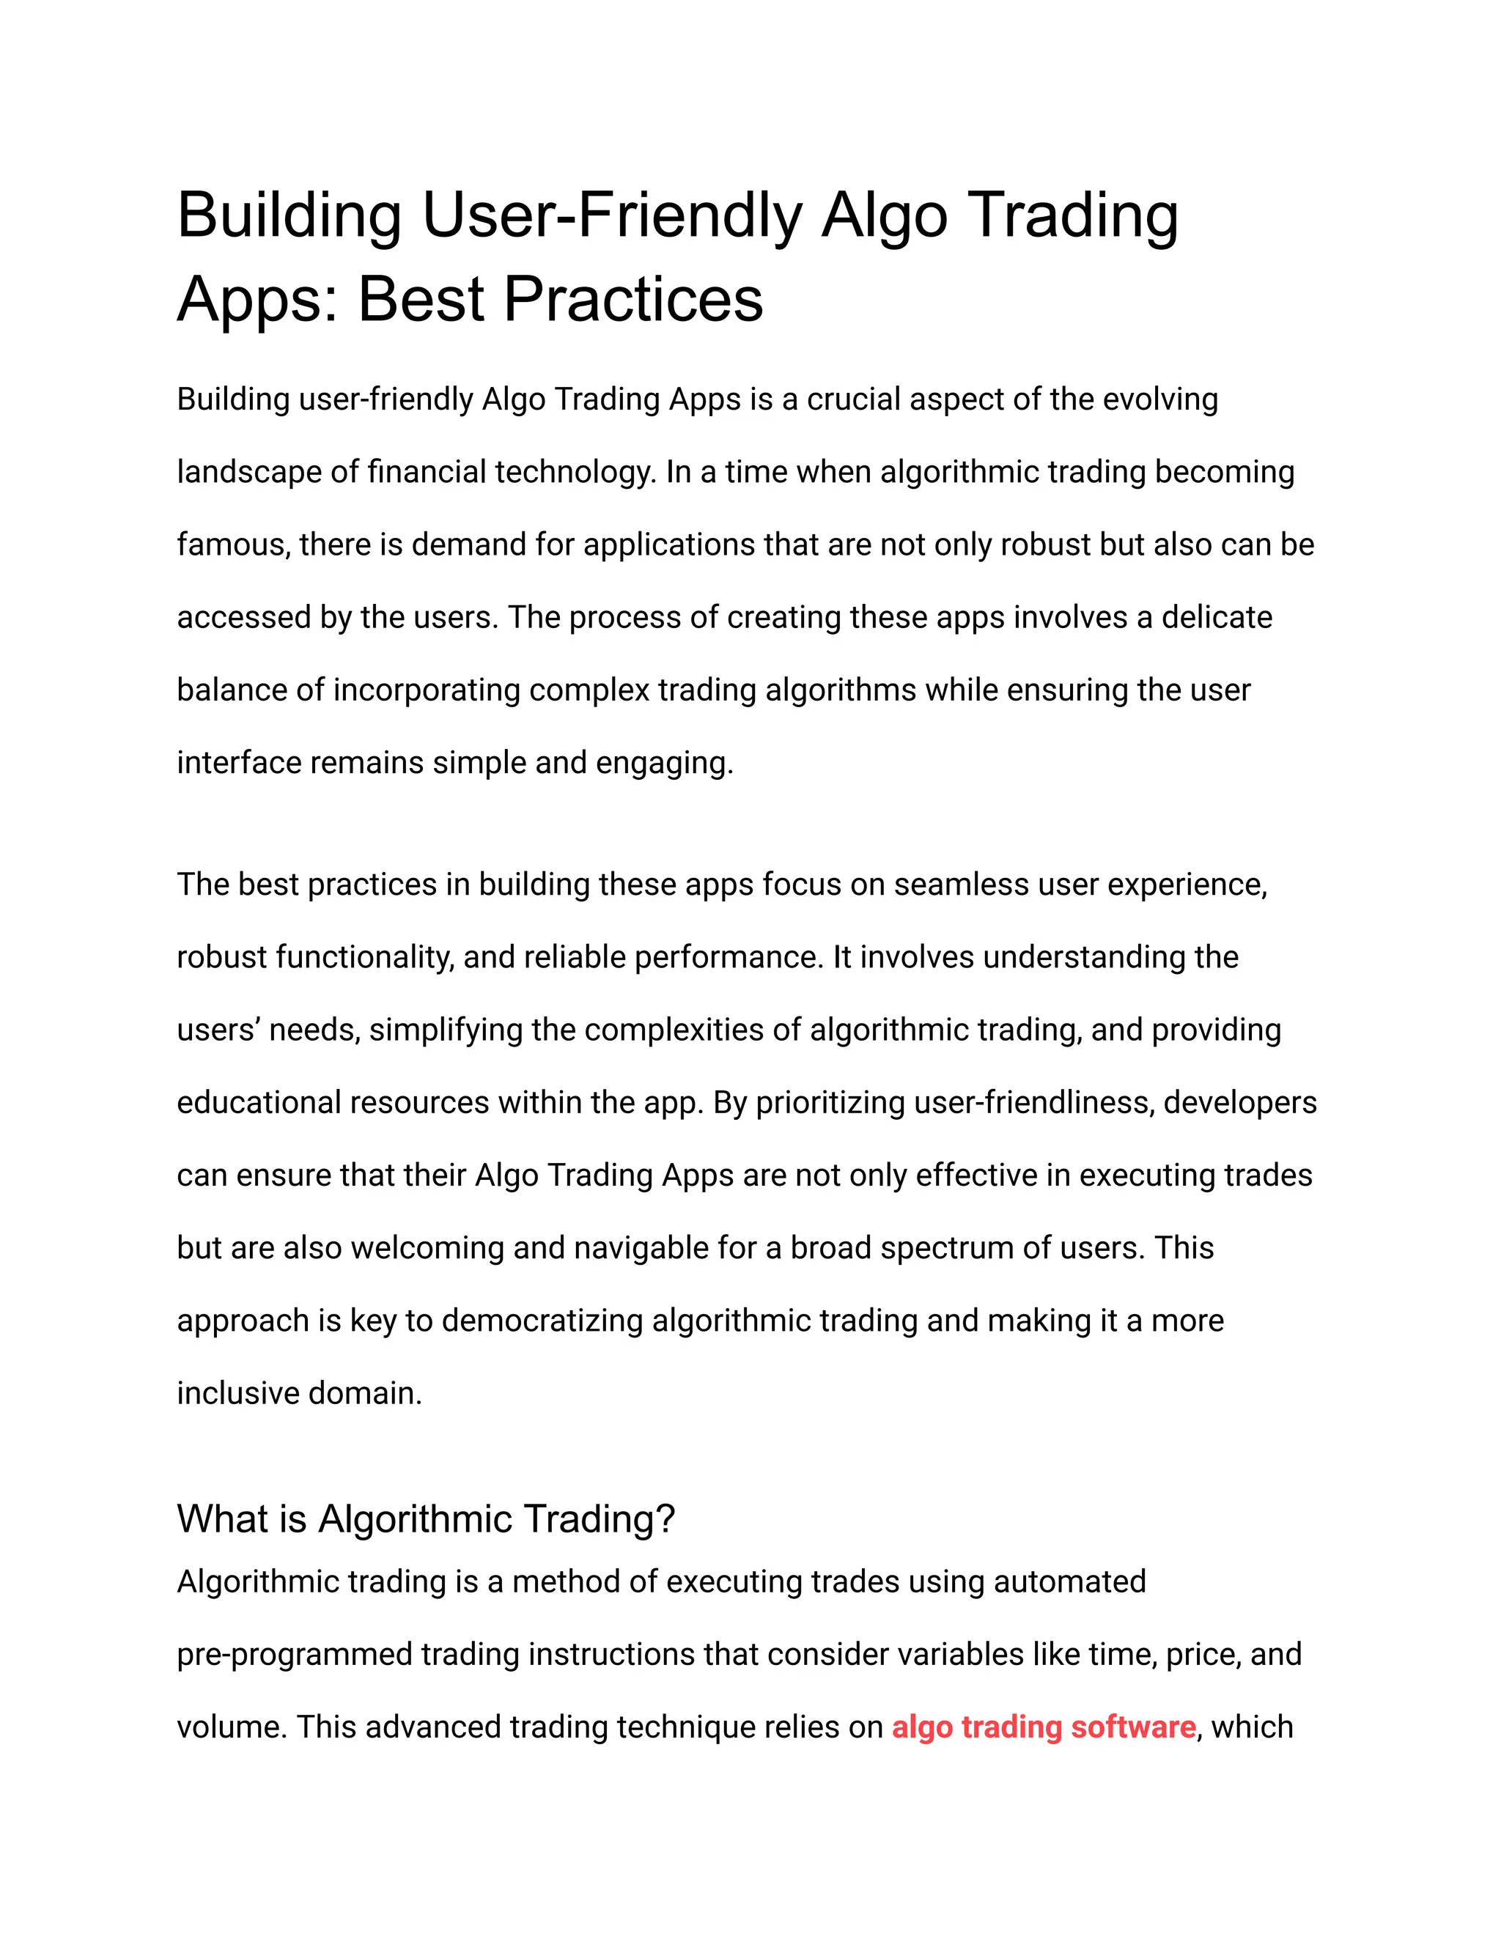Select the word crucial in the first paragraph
pos(854,400)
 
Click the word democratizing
pos(542,1321)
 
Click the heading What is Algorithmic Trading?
pos(426,1518)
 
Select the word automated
pos(1069,1582)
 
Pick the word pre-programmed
pos(295,1655)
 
